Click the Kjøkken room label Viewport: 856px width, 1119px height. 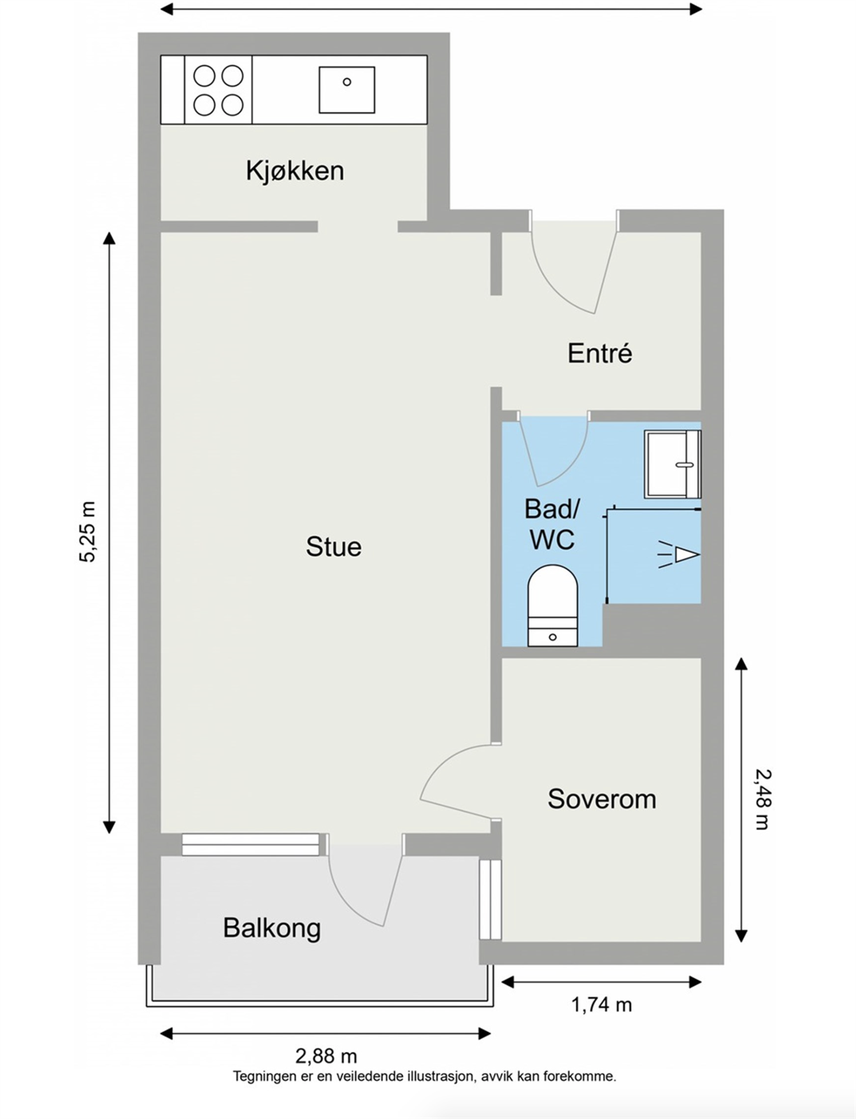(x=294, y=171)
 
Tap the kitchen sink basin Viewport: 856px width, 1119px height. (x=347, y=90)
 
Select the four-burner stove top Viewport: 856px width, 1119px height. (x=218, y=90)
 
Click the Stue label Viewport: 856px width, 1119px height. (x=334, y=547)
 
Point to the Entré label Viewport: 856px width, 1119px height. (x=599, y=353)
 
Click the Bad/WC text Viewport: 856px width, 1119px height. (x=552, y=525)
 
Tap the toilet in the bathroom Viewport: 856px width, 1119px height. (x=552, y=606)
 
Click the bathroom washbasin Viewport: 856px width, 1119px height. (x=671, y=464)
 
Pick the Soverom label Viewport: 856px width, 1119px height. (x=601, y=799)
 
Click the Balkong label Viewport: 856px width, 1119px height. (x=271, y=928)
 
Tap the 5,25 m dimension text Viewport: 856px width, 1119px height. (x=88, y=532)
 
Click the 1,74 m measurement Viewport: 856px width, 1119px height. (x=601, y=1005)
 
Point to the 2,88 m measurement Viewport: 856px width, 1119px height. (x=326, y=1055)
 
